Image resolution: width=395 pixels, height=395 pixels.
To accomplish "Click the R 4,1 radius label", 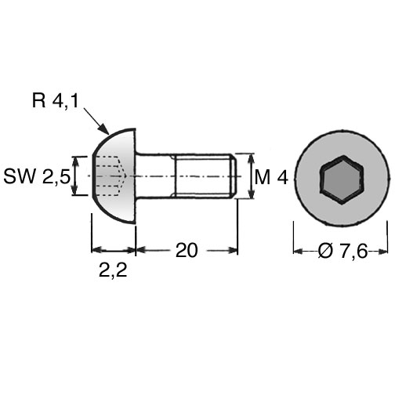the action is coord(55,100).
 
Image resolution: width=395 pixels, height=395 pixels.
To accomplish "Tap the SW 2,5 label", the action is coord(37,176).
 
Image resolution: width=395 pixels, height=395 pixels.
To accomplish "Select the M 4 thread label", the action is coord(271,177).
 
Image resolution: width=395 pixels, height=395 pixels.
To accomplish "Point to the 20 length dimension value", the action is coord(187,250).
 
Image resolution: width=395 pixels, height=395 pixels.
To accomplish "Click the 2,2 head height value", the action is coord(113,270).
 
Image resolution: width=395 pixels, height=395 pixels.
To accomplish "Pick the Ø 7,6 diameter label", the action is coord(342,251).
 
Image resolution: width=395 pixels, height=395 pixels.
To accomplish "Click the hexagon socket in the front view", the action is coord(342,179).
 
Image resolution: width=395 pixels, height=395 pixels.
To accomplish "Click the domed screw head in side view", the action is coord(114,176).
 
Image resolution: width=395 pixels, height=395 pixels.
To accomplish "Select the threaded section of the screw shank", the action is coord(203,176).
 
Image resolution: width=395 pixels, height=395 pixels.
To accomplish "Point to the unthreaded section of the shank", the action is coord(155,176).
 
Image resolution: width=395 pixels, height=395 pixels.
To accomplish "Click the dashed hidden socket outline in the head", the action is coord(111,176).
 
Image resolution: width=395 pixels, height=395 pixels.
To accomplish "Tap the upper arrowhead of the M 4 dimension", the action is coord(252,158).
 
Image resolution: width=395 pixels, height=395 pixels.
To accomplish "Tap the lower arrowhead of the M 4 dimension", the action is coord(252,194).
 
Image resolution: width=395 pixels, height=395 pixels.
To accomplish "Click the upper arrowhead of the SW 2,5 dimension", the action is coord(75,162).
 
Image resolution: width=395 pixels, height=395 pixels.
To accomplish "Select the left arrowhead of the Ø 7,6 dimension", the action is coord(299,252).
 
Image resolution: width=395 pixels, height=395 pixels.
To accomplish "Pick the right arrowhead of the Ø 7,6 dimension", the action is coord(383,252).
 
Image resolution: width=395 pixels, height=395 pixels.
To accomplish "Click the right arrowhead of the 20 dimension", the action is coord(233,250).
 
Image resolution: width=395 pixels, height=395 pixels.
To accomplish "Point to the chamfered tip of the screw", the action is coord(234,176).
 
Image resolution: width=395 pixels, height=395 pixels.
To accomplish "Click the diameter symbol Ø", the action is coord(326,251).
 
